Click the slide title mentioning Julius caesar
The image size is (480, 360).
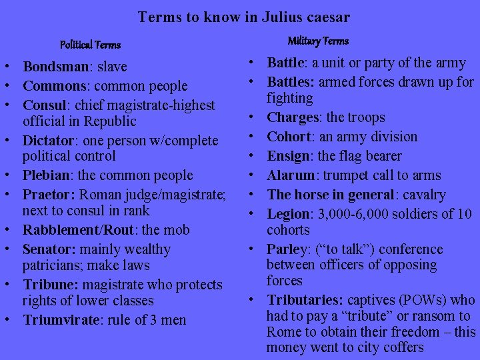244,17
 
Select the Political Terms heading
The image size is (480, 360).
90,45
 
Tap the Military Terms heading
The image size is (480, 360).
318,41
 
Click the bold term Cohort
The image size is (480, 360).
289,137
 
